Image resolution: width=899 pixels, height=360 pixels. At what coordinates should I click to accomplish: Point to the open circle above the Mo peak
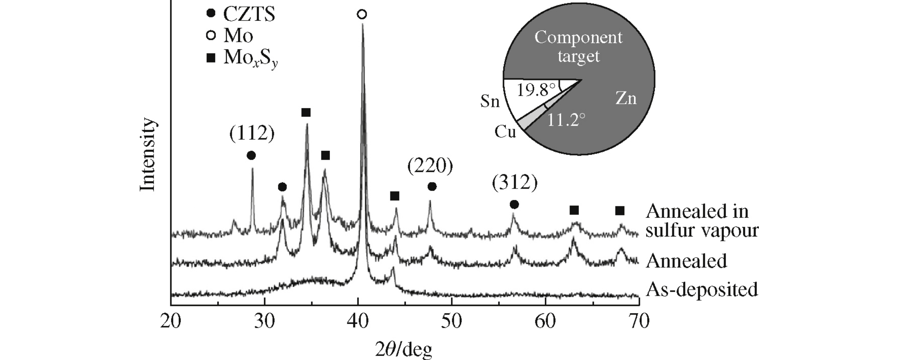(x=362, y=15)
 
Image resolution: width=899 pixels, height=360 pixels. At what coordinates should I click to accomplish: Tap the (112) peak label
(x=252, y=133)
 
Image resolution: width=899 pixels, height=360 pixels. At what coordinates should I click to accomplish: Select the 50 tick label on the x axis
(x=451, y=321)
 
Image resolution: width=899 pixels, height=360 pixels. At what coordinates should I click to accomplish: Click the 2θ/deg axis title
(x=404, y=349)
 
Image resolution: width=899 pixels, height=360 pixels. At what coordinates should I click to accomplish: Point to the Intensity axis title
(x=147, y=154)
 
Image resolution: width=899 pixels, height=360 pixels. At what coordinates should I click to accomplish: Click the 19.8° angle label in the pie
(x=535, y=90)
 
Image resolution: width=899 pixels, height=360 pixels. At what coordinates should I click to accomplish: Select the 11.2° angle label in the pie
(x=566, y=120)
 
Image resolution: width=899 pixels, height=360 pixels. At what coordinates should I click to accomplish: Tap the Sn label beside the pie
(x=490, y=101)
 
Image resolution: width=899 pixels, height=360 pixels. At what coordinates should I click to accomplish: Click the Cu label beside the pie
(x=505, y=132)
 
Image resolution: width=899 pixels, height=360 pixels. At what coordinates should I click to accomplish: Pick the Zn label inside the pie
(x=626, y=98)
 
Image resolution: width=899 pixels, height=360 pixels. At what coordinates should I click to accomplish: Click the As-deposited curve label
(x=702, y=289)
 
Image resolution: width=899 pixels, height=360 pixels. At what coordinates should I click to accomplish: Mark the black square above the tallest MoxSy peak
(x=306, y=113)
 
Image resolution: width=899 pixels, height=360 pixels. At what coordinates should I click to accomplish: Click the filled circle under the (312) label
(x=514, y=204)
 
